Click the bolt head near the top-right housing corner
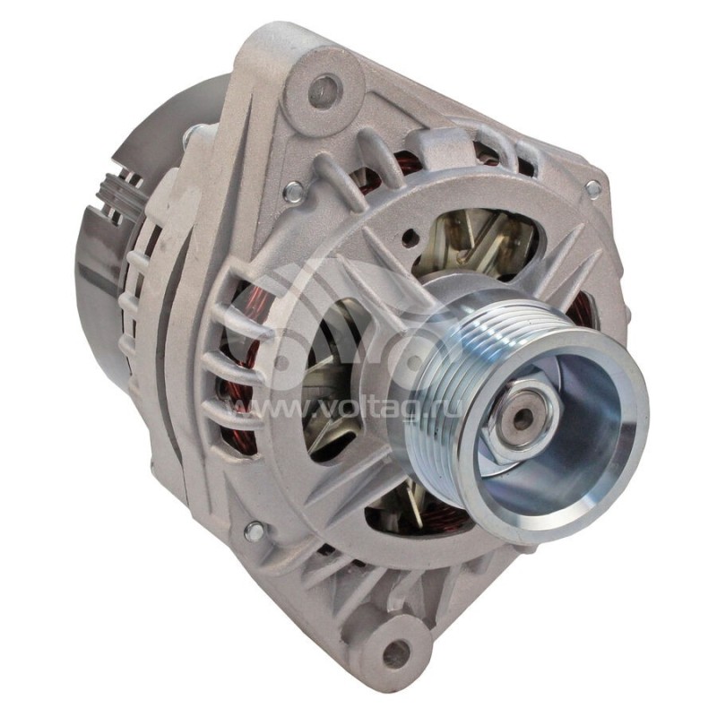point(592,188)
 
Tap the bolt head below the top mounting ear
point(292,190)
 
